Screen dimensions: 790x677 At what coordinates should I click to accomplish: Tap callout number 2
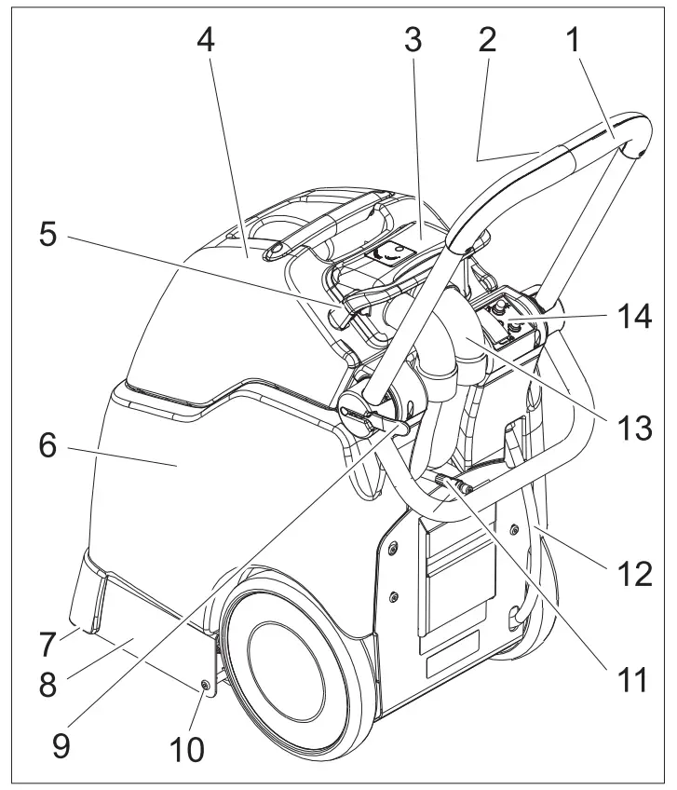(x=485, y=39)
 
